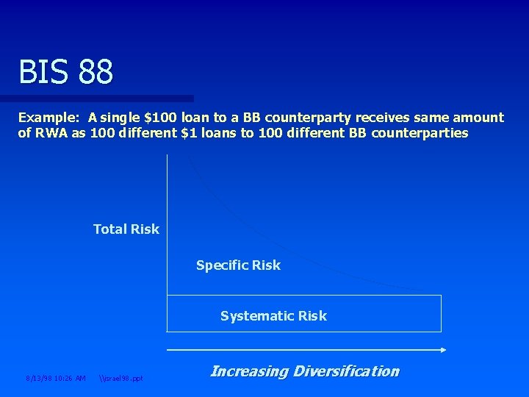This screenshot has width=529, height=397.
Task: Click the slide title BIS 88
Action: pos(66,72)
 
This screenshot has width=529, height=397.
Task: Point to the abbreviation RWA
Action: pos(51,133)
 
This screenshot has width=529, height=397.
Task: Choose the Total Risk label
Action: pos(126,229)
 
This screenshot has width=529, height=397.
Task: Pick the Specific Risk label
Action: pos(238,265)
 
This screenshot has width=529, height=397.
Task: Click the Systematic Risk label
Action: pos(273,316)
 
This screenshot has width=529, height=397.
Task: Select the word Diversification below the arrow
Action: pos(345,371)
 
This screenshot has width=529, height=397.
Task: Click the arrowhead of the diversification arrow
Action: pos(442,351)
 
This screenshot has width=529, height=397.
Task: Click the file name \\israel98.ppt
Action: pos(121,379)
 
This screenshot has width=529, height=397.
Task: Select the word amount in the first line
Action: pos(477,118)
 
